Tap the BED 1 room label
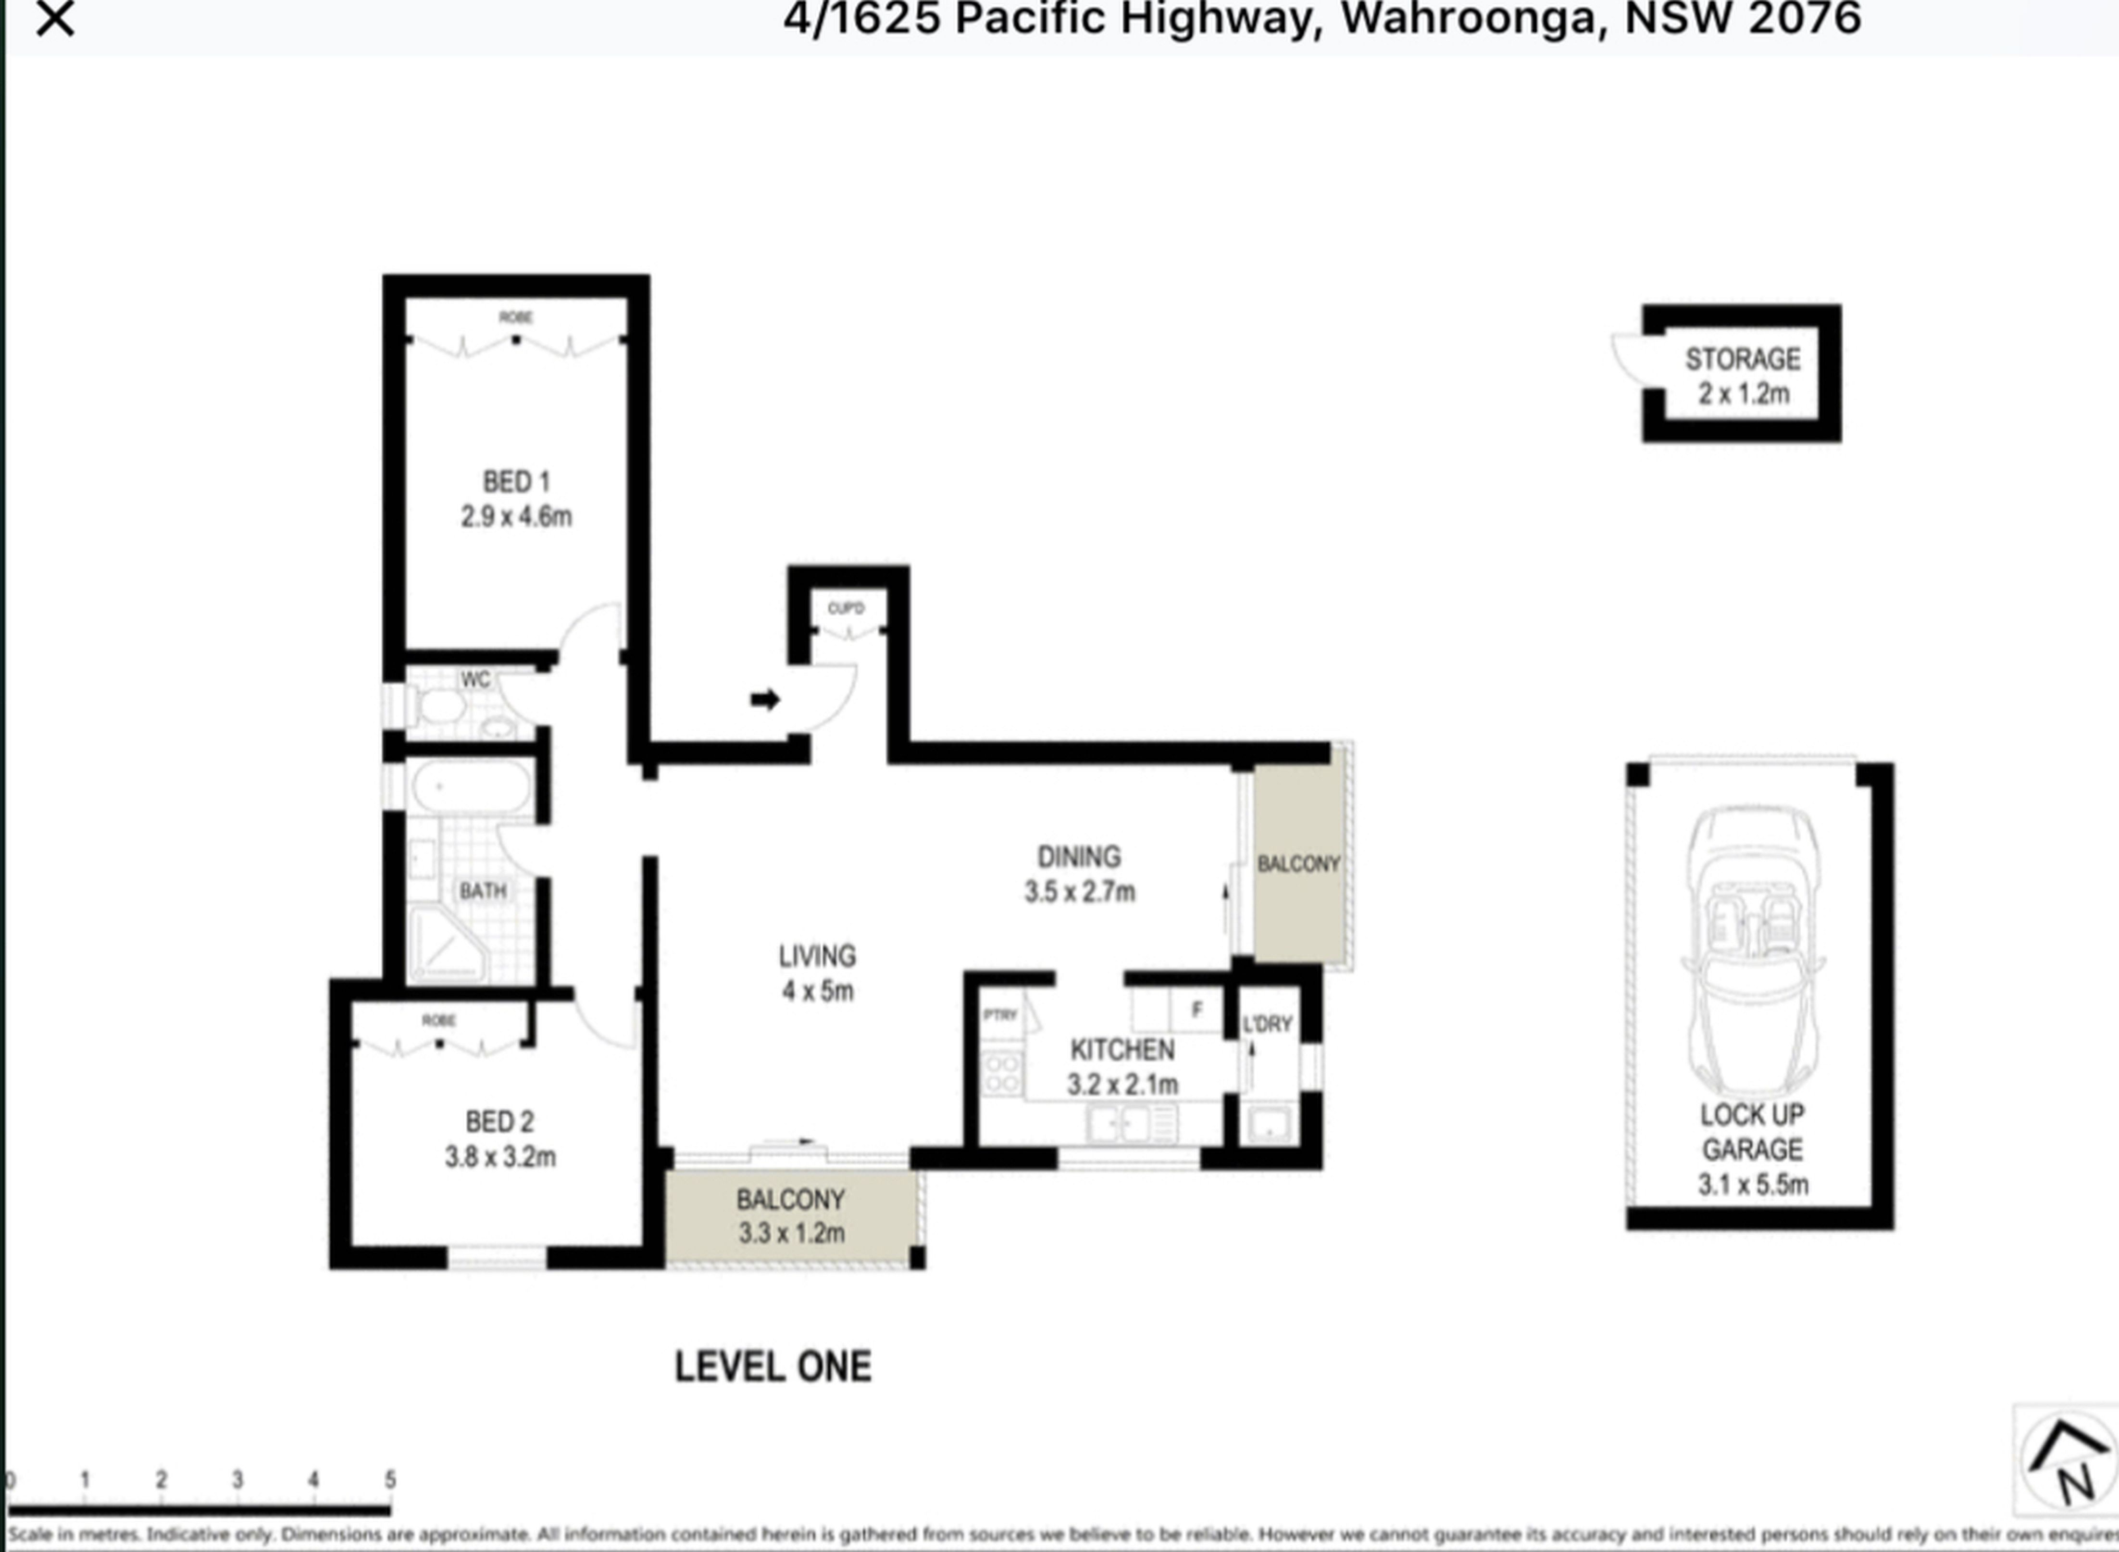(x=516, y=482)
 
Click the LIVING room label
(x=817, y=956)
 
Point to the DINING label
(x=1078, y=857)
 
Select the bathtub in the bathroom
(x=470, y=787)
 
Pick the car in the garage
(x=1753, y=949)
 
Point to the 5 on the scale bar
(x=390, y=1480)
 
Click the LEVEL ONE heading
(x=773, y=1367)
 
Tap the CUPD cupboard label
(x=846, y=609)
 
